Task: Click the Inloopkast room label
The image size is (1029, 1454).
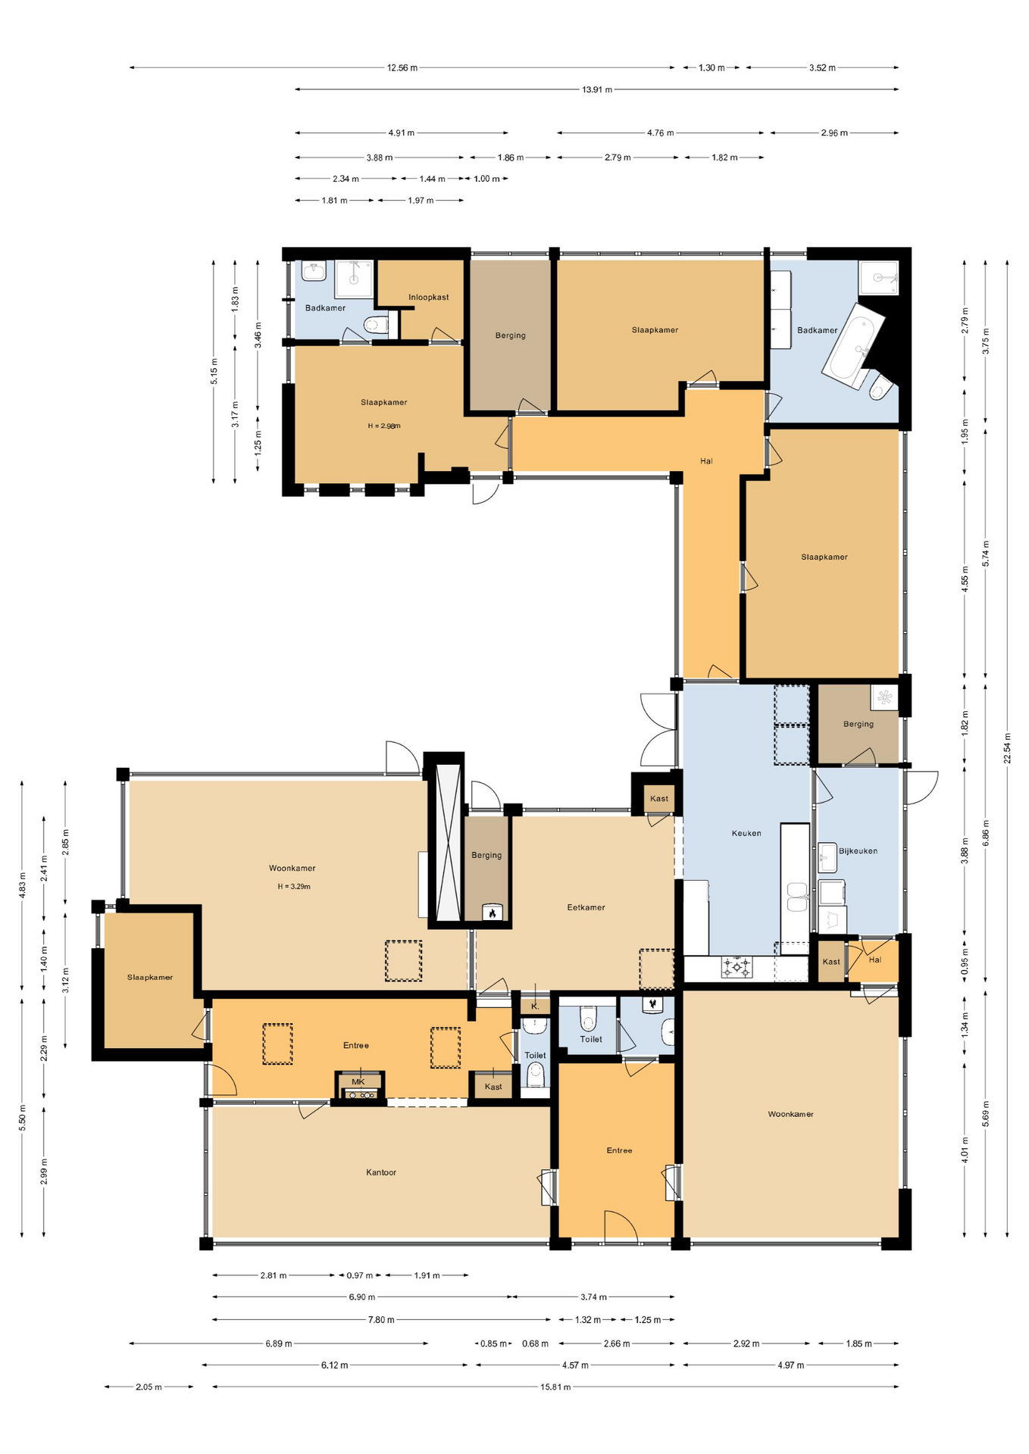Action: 428,297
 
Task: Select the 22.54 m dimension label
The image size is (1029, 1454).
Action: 1007,748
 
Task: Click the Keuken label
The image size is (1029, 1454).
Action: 746,833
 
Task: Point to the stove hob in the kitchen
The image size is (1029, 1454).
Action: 737,967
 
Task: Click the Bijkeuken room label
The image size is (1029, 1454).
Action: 858,850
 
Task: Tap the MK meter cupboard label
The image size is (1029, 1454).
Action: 358,1081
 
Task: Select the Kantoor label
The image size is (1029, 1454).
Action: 381,1172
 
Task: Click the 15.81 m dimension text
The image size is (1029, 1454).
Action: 555,1387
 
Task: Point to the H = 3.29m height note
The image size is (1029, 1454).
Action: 293,886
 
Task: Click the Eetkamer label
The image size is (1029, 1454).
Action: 586,907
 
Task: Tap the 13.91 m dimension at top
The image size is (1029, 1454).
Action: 596,89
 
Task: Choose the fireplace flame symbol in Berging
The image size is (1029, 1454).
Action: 493,913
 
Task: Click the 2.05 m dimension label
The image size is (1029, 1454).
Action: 149,1387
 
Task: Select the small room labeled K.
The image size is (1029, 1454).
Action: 535,1006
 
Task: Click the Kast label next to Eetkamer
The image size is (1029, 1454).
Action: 659,798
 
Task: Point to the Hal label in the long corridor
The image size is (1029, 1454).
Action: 706,460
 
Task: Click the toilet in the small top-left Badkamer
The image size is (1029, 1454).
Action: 374,326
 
